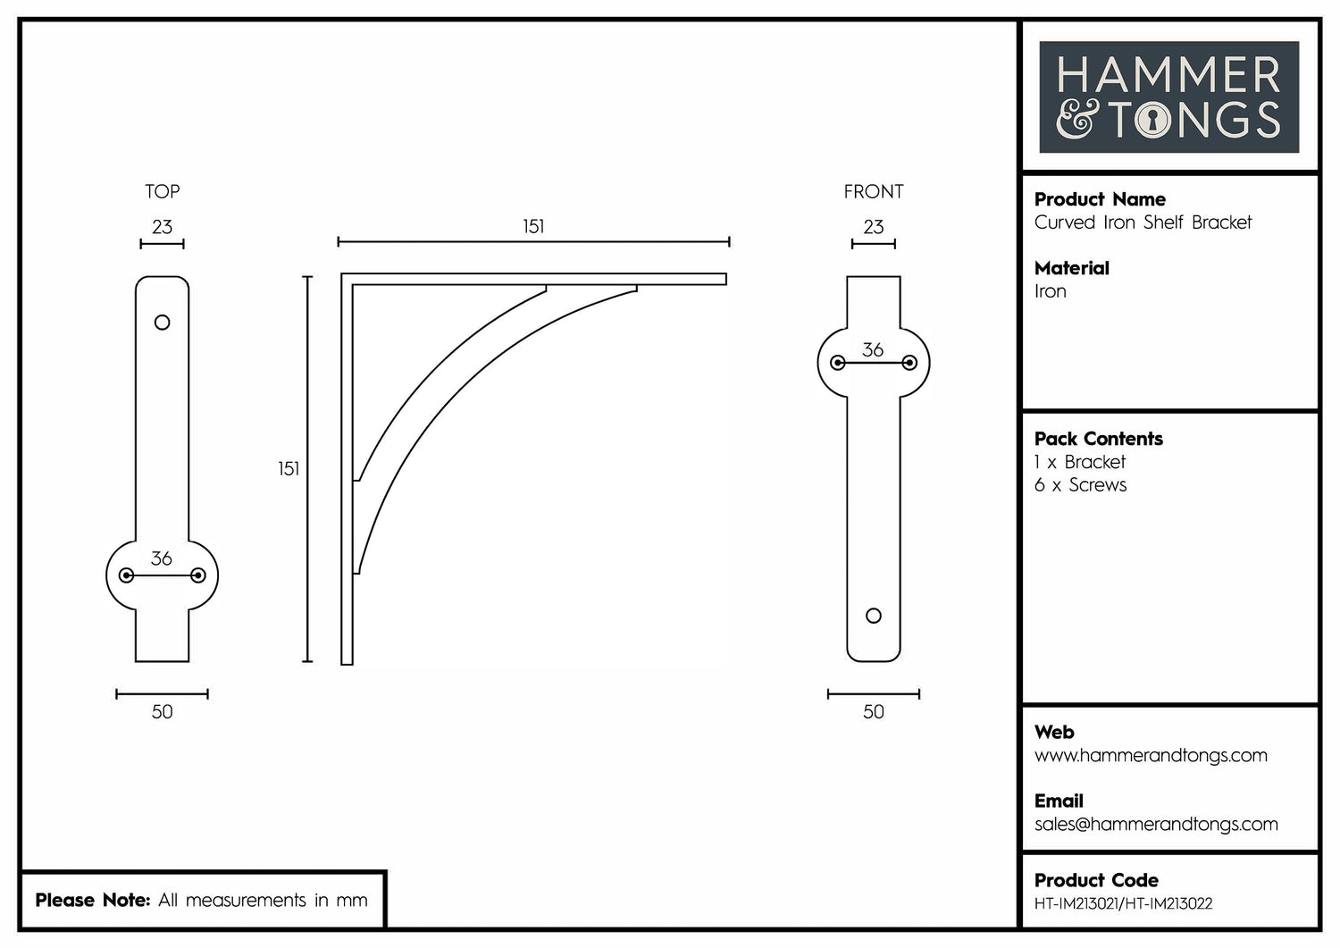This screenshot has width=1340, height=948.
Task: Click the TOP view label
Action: click(x=162, y=191)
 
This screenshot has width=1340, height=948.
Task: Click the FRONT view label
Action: click(x=873, y=191)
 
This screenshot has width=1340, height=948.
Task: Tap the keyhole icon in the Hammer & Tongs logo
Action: click(x=1152, y=121)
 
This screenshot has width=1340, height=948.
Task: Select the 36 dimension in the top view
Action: click(x=162, y=558)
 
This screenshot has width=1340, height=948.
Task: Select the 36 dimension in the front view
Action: click(x=873, y=349)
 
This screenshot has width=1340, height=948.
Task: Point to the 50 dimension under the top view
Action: click(x=162, y=712)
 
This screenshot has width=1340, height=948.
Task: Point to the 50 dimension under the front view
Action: click(x=873, y=712)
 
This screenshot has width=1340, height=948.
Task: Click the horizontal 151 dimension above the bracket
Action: click(x=533, y=227)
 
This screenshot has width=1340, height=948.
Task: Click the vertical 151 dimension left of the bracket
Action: click(x=289, y=469)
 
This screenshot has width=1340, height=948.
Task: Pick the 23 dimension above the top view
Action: click(x=162, y=227)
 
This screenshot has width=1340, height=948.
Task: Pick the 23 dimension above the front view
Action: click(x=873, y=227)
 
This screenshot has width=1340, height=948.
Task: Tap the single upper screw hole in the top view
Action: click(x=162, y=323)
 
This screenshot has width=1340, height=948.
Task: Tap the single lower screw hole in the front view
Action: click(x=874, y=616)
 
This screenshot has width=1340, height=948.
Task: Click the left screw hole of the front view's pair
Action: click(x=838, y=363)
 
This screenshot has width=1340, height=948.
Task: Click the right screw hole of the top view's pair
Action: click(x=198, y=575)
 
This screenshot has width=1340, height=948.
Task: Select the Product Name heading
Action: click(x=1100, y=199)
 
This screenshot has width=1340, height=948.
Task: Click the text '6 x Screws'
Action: click(x=1080, y=485)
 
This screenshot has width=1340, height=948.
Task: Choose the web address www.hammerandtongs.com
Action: click(x=1151, y=756)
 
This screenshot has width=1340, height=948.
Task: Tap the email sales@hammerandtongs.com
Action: click(x=1156, y=825)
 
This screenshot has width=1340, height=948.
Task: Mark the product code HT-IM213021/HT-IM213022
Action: click(x=1123, y=904)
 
